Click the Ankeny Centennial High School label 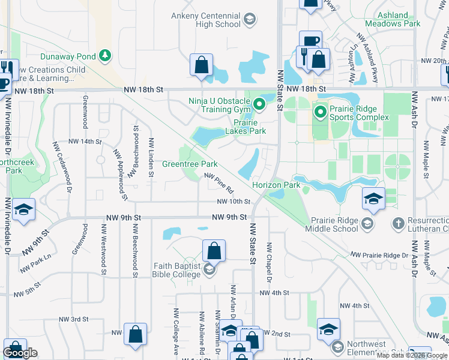[x=205, y=20]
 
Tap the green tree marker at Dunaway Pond [x=106, y=56]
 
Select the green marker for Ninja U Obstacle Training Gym [x=259, y=104]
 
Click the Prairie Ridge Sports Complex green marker [x=320, y=112]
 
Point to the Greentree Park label [x=190, y=164]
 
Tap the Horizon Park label [x=276, y=185]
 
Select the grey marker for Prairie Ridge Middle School [x=367, y=224]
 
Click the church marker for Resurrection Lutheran [x=397, y=224]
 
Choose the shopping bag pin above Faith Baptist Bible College [x=213, y=250]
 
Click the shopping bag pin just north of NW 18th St [x=202, y=64]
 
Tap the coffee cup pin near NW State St [x=310, y=41]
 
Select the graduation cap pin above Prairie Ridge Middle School [x=373, y=199]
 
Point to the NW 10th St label [x=234, y=202]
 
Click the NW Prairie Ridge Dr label [x=379, y=256]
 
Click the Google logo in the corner [x=20, y=353]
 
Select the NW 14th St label [x=85, y=142]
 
